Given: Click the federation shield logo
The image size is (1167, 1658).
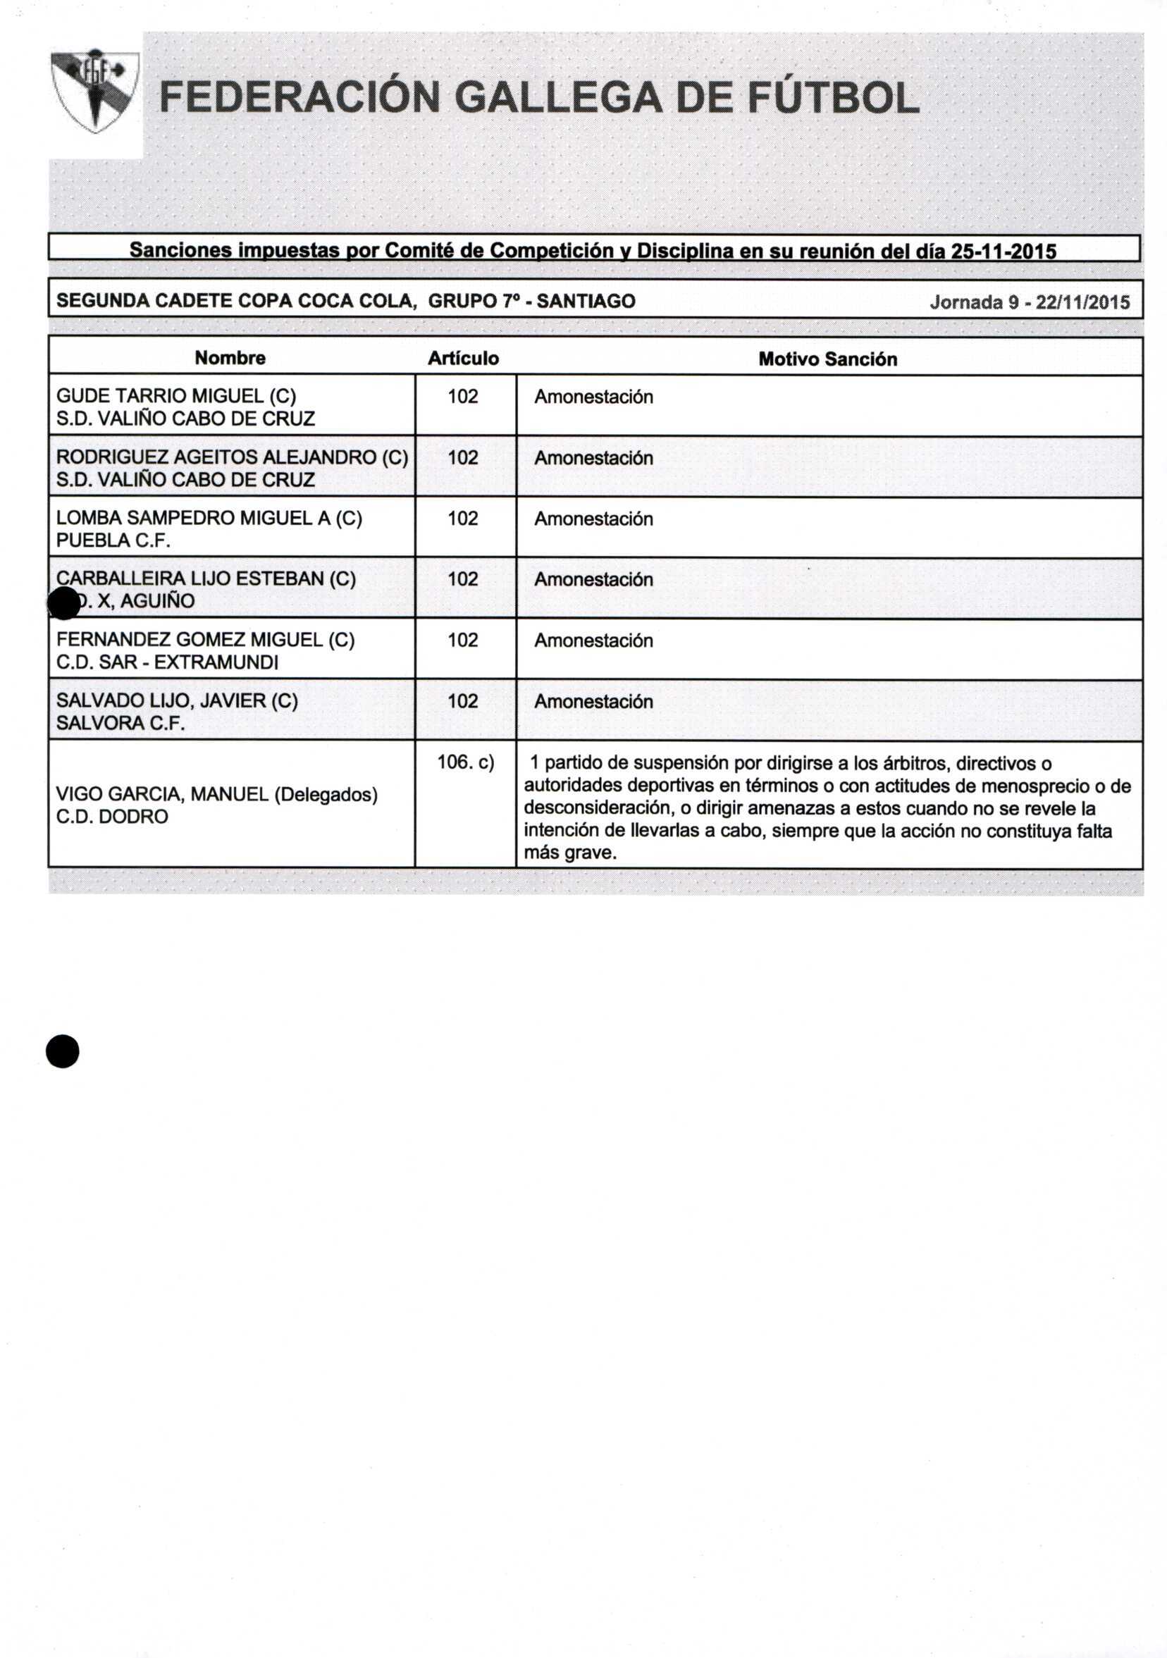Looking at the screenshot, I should tap(94, 90).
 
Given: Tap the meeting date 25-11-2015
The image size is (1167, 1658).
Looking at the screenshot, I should tap(1003, 252).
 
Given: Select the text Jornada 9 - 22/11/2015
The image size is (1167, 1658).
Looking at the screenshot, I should tap(1029, 302).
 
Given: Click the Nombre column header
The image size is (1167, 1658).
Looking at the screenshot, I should tap(230, 358).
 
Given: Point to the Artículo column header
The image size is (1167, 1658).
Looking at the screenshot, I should tap(463, 359).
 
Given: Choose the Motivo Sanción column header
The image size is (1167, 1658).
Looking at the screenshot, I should tap(827, 359).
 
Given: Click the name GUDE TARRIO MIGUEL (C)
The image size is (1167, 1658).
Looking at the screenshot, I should tap(176, 396).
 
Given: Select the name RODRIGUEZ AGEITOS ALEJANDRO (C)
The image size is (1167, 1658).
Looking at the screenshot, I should tap(232, 457).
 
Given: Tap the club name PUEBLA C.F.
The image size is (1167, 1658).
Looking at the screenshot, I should tap(113, 540).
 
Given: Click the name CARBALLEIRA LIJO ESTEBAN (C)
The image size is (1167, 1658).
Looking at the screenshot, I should tap(206, 579).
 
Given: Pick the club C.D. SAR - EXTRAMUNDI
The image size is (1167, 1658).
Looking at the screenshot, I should tap(167, 662).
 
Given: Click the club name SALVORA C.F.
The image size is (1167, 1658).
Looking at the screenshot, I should tap(120, 723).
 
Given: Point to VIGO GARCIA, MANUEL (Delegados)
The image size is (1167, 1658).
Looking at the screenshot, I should tap(216, 794).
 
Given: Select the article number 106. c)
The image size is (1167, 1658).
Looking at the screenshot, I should tap(465, 762).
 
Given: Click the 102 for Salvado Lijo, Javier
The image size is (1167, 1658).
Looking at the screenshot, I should tap(463, 700).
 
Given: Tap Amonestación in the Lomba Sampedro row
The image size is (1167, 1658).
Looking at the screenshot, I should tap(593, 519).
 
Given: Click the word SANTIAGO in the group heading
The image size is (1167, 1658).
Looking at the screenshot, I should tap(586, 301).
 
